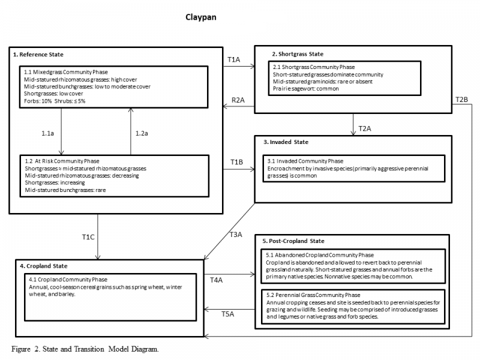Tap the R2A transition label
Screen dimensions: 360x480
[x=238, y=100]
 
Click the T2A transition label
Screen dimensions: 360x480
[x=365, y=128]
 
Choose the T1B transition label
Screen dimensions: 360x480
[x=236, y=162]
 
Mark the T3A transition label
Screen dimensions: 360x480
[x=236, y=235]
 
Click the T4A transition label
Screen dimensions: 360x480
[x=216, y=280]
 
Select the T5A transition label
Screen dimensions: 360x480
[x=228, y=314]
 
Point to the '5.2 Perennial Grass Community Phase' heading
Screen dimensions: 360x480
[x=313, y=295]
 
